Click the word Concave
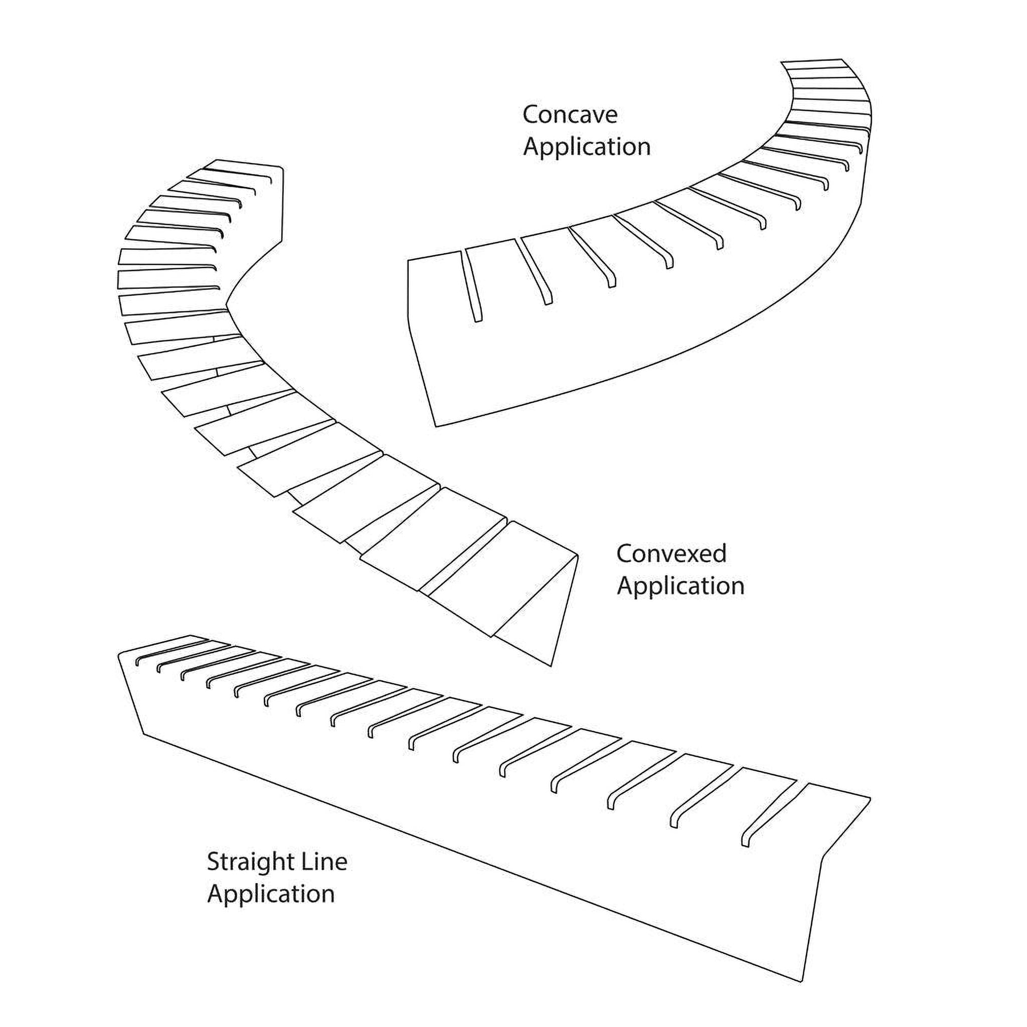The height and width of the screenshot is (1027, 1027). point(569,115)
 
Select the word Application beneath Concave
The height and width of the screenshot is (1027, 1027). point(586,147)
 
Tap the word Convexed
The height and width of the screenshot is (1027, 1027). point(671,554)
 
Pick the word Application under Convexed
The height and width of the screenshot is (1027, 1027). point(680,586)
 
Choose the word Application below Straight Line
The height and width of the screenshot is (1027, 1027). point(271,894)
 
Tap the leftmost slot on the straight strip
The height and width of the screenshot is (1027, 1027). point(165,652)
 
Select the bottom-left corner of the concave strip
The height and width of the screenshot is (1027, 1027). point(436,426)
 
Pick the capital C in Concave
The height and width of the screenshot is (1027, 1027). point(531,115)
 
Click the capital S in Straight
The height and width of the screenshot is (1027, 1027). point(213,862)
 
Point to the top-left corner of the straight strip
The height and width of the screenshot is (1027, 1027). point(119,653)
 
